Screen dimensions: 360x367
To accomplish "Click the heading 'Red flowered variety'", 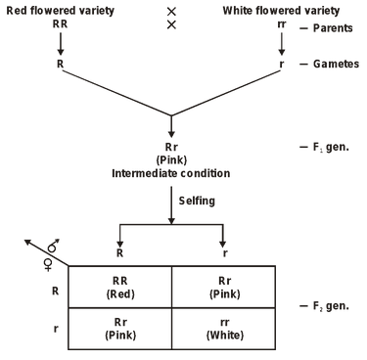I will (59, 11).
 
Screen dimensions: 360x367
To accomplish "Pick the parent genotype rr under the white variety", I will (283, 26).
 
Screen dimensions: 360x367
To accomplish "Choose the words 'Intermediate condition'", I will (171, 172).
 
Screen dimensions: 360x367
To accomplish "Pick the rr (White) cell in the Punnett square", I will (223, 328).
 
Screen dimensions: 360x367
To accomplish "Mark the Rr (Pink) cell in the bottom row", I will (119, 328).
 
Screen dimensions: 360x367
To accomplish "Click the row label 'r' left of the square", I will (54, 329).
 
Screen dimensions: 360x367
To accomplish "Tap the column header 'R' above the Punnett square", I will (119, 251).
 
